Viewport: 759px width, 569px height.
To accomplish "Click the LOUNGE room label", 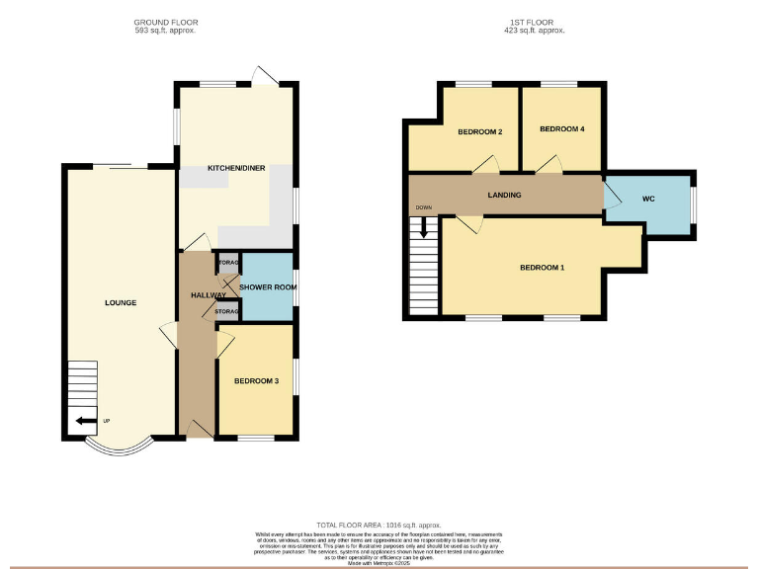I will click(121, 302).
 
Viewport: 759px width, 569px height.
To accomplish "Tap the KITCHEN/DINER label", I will click(234, 169).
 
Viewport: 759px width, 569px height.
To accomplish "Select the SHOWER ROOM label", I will click(269, 287).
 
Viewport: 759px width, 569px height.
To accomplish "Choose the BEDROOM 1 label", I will click(542, 268).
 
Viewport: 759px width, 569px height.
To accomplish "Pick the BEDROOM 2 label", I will click(480, 131).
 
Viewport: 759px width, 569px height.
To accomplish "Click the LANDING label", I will click(504, 195).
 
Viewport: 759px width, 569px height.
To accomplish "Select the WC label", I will click(648, 199).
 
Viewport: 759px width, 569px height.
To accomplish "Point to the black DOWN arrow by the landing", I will click(424, 227).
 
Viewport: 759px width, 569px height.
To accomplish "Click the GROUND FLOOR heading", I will click(165, 21).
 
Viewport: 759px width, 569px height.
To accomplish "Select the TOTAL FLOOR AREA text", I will click(379, 525).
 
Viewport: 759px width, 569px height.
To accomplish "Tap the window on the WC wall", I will click(694, 204).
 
